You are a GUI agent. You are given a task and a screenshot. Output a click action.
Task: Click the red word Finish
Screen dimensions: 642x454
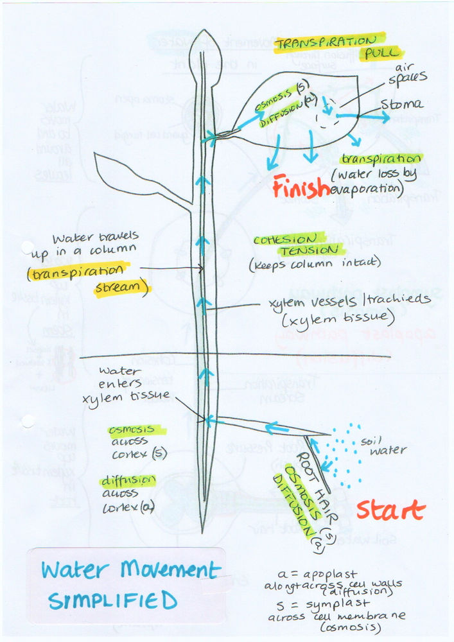point(301,187)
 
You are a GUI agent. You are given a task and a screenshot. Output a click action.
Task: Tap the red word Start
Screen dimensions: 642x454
point(390,510)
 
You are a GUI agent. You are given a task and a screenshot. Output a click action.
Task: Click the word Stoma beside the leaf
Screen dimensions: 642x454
point(401,103)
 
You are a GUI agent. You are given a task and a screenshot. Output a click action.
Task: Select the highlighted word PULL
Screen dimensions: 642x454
point(381,53)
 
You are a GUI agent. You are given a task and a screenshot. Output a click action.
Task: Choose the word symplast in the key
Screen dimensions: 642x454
point(342,603)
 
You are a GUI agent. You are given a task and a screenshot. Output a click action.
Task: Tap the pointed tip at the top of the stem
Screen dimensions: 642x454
point(204,33)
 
